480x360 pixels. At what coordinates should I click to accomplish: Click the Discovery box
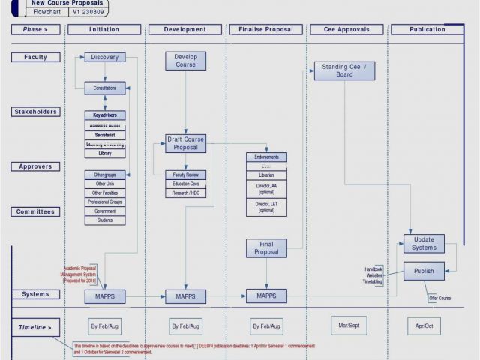(x=105, y=58)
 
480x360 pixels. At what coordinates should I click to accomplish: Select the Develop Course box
(x=185, y=61)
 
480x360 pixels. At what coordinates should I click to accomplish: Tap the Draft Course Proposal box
(x=185, y=143)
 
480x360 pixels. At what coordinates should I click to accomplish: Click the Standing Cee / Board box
(x=344, y=70)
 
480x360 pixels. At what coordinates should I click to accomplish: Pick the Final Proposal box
(x=266, y=247)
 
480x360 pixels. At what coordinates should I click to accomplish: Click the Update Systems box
(x=424, y=244)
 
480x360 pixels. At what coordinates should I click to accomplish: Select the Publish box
(x=424, y=271)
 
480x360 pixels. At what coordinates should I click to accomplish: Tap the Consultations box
(x=105, y=88)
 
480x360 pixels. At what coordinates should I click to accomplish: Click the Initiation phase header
(x=104, y=30)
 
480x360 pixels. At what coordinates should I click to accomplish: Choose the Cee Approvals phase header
(x=346, y=30)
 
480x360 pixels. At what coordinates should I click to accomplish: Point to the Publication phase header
(x=427, y=30)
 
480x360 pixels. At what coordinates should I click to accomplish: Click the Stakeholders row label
(x=35, y=112)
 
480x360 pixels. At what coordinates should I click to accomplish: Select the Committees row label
(x=35, y=211)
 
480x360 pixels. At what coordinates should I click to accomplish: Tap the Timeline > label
(x=35, y=327)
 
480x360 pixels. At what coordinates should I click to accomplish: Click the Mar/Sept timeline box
(x=349, y=325)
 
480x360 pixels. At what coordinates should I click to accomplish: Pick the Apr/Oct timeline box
(x=424, y=326)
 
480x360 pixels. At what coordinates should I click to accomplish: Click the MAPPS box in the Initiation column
(x=105, y=296)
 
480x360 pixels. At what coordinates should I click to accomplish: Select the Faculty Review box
(x=185, y=175)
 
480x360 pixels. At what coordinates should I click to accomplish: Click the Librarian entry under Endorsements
(x=266, y=175)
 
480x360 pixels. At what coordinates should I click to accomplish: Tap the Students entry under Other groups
(x=105, y=220)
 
